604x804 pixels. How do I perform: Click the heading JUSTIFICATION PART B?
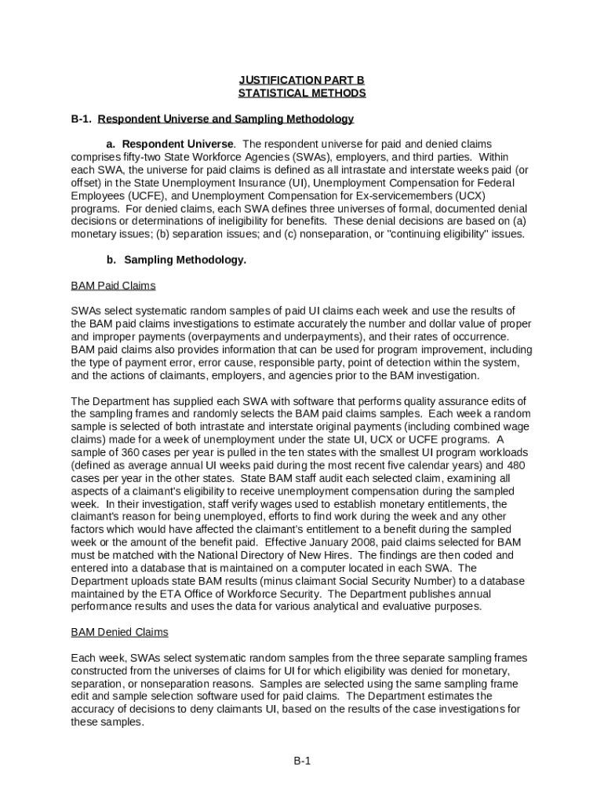(x=302, y=80)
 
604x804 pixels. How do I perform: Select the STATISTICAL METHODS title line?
(x=302, y=93)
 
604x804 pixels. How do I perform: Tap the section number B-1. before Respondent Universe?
(x=82, y=119)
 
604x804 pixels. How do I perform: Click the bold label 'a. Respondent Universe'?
(x=169, y=144)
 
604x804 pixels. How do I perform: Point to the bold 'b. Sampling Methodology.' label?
(x=176, y=260)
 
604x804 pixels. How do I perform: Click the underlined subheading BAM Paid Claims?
(x=113, y=285)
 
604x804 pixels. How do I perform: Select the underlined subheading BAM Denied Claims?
(x=119, y=632)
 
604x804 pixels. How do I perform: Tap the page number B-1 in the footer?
(x=302, y=761)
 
